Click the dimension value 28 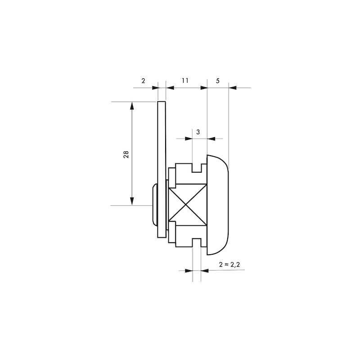pyautogui.click(x=126, y=154)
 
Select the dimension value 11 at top pyautogui.click(x=185, y=81)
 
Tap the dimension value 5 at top pyautogui.click(x=218, y=81)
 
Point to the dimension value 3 pyautogui.click(x=198, y=132)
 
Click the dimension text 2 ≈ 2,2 pyautogui.click(x=229, y=265)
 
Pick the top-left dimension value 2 pyautogui.click(x=143, y=81)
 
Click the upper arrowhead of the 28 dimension pyautogui.click(x=132, y=106)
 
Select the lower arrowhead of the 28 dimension pyautogui.click(x=132, y=201)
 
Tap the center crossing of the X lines pyautogui.click(x=185, y=204)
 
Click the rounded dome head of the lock pyautogui.click(x=218, y=205)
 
